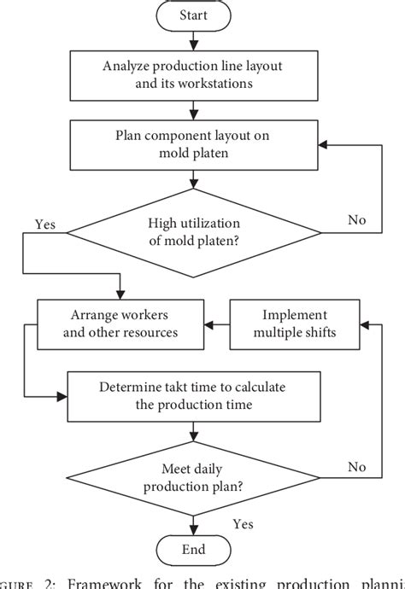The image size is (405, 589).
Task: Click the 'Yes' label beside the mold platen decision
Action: pos(45,224)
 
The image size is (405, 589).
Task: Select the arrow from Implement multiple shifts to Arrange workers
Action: pos(217,324)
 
